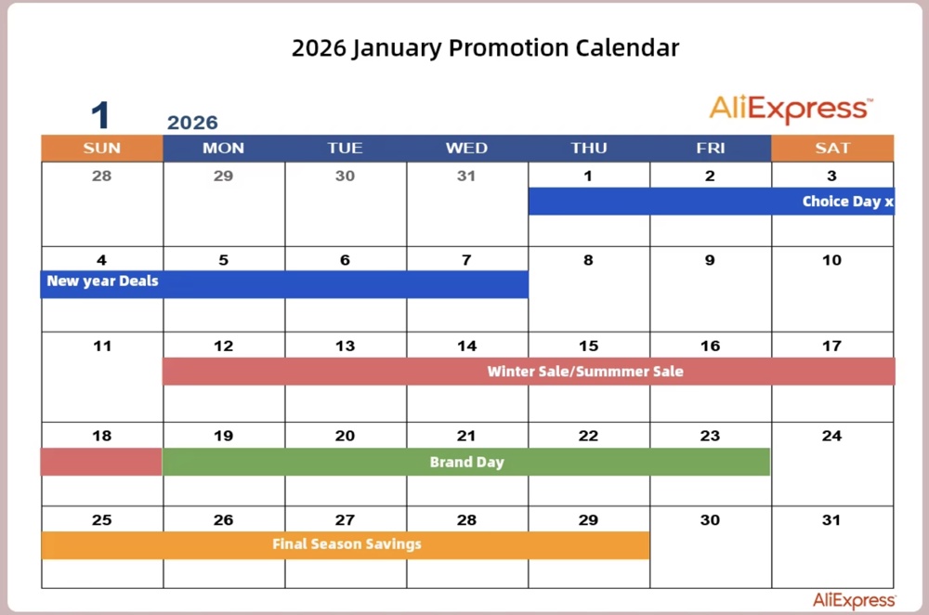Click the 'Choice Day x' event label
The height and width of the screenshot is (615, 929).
(x=847, y=202)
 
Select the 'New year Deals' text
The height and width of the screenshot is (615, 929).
(x=102, y=281)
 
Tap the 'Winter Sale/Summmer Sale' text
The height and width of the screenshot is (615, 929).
(x=585, y=372)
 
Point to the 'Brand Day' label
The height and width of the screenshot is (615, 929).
(x=466, y=462)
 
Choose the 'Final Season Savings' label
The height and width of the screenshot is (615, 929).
(x=347, y=544)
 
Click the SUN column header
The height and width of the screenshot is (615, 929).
(x=102, y=149)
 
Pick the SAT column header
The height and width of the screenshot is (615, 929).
(x=832, y=149)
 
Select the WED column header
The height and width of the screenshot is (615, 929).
(x=466, y=149)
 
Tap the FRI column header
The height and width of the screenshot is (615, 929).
(x=711, y=149)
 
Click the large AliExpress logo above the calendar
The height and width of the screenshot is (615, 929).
(x=791, y=110)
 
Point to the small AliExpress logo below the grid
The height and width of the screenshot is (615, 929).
(x=854, y=601)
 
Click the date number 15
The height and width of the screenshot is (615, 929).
(x=588, y=347)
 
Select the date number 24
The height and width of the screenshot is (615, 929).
(x=831, y=436)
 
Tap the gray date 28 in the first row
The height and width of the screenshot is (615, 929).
(x=102, y=177)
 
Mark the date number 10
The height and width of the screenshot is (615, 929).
(x=831, y=261)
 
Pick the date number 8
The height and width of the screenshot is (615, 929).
(x=588, y=261)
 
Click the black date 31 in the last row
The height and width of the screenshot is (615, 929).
(x=831, y=520)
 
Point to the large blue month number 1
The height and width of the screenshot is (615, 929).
(x=100, y=116)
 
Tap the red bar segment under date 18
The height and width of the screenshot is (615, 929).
(x=101, y=462)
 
